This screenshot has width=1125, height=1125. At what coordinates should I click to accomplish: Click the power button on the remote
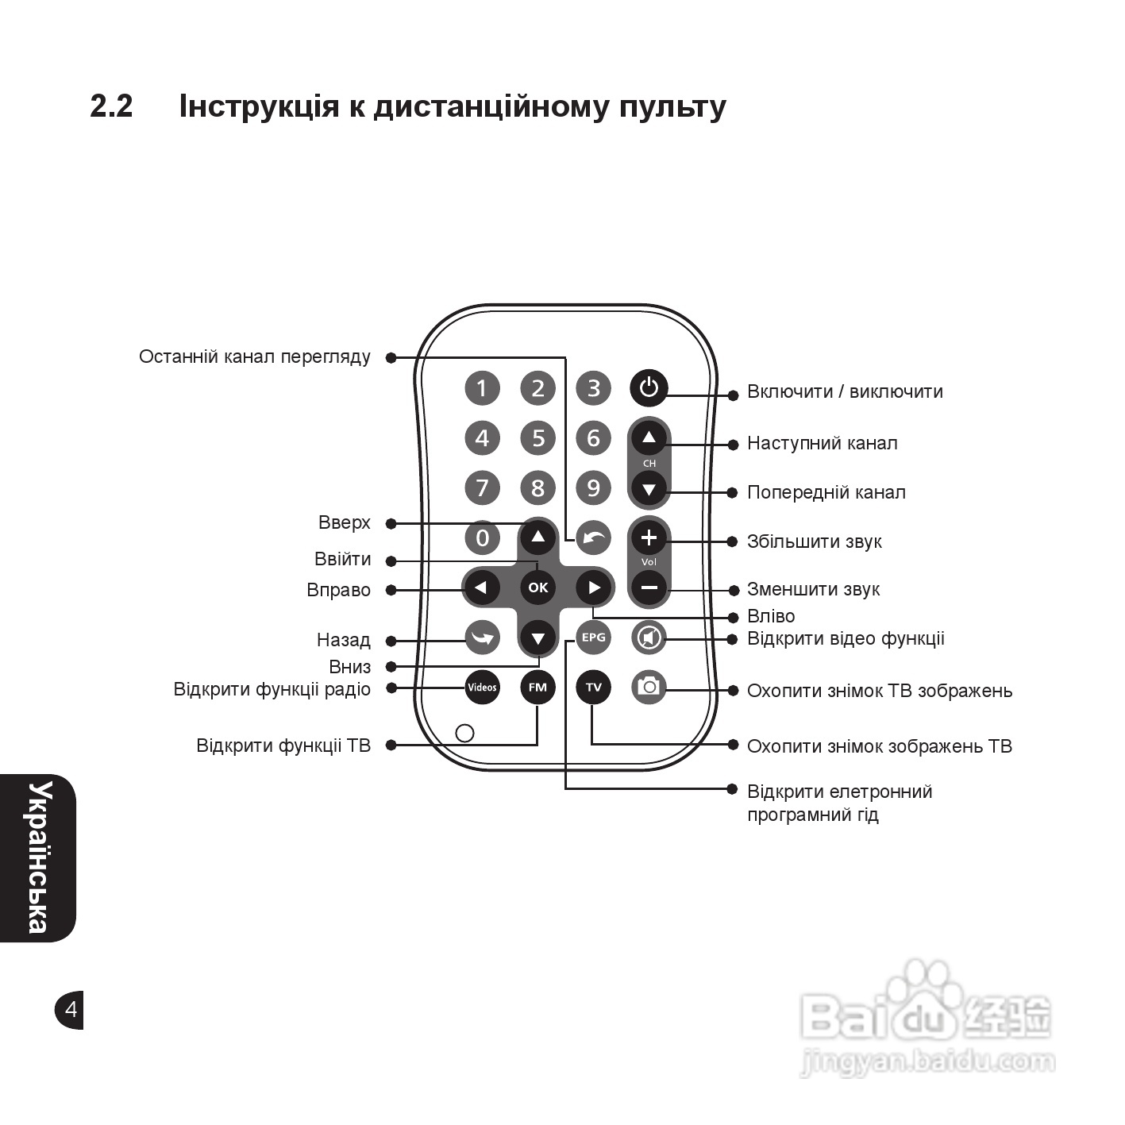coord(649,387)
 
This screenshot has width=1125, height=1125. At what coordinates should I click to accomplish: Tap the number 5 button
coord(538,437)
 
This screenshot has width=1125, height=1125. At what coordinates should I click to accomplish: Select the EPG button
coord(593,637)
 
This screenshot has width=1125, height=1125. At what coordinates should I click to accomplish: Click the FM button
coord(537,687)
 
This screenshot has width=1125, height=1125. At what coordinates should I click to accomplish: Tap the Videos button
coord(482,687)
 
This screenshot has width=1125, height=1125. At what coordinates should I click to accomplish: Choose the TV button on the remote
coord(593,687)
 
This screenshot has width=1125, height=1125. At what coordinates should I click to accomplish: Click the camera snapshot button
coord(649,687)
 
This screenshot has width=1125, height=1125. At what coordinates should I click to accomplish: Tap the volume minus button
coord(649,588)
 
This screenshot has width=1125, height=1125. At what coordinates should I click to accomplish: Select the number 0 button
coord(482,537)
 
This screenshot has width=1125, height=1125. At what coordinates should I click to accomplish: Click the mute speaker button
coord(649,637)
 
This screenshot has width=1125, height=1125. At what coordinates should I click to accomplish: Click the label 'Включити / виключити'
coord(845,391)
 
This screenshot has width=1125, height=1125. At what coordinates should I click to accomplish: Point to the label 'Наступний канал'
coord(822,443)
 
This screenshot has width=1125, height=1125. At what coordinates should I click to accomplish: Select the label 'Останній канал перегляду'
coord(254,356)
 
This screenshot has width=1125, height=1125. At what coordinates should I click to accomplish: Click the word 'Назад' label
coord(343,640)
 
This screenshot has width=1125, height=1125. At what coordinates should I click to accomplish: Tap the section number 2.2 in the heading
coord(111,106)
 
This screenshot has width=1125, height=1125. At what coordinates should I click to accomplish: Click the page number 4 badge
coord(70,1009)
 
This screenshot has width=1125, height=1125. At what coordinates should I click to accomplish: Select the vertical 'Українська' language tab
coord(37,857)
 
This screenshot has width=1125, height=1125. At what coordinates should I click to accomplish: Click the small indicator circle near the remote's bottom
coord(465,732)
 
